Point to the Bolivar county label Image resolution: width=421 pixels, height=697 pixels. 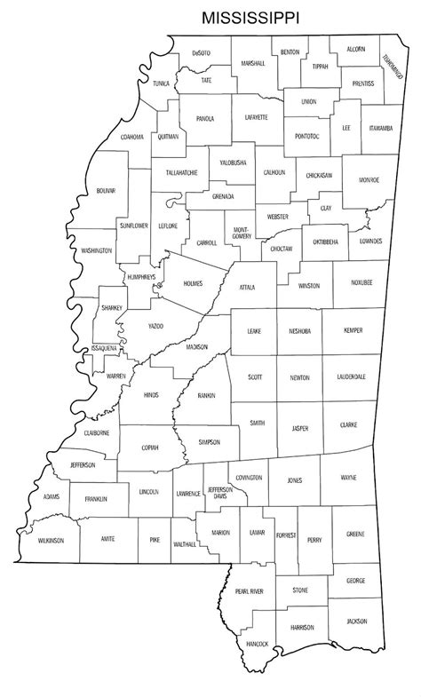point(106,191)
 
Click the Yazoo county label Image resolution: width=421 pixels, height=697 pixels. point(155,327)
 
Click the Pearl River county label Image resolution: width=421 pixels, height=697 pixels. point(250,591)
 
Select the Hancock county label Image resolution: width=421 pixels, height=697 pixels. point(257,642)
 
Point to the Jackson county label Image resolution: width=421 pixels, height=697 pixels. point(356,621)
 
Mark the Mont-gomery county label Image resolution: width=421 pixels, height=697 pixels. point(242,232)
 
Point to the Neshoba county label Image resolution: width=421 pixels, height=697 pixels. point(299,330)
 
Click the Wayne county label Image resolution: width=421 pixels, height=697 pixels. point(348,479)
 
